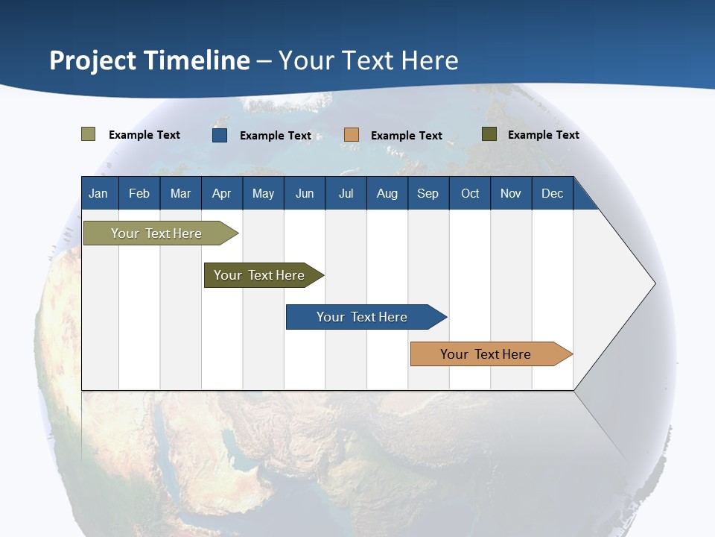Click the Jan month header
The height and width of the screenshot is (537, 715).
99,193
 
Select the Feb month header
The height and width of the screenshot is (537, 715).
139,193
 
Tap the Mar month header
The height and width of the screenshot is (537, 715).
180,193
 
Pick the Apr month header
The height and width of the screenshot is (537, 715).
222,193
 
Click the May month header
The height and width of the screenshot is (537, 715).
263,193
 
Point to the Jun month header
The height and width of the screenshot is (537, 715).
305,193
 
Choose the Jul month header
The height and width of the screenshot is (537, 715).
346,193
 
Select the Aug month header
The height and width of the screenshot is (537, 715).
387,193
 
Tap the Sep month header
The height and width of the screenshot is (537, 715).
428,193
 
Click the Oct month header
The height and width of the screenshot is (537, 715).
470,193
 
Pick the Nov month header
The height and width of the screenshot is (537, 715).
511,193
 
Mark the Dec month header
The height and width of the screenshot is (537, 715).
553,193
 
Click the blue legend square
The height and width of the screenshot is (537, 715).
220,135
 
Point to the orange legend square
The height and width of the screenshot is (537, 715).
352,135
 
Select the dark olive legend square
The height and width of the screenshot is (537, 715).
489,134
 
